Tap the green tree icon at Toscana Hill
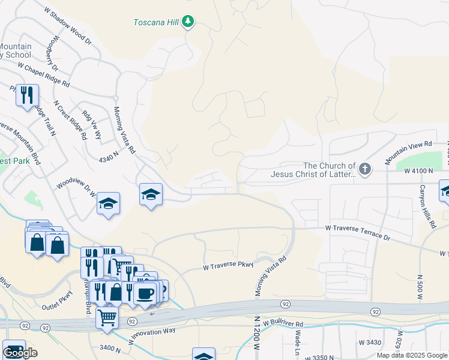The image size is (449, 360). point(188,22)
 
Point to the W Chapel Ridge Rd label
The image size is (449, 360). point(43,74)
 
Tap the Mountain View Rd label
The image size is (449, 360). point(408,152)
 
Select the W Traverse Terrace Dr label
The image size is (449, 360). point(358,233)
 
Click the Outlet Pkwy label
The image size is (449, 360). point(56,307)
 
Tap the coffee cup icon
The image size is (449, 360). point(145,293)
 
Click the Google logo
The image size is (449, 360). point(20,353)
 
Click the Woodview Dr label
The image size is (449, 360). point(76,190)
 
